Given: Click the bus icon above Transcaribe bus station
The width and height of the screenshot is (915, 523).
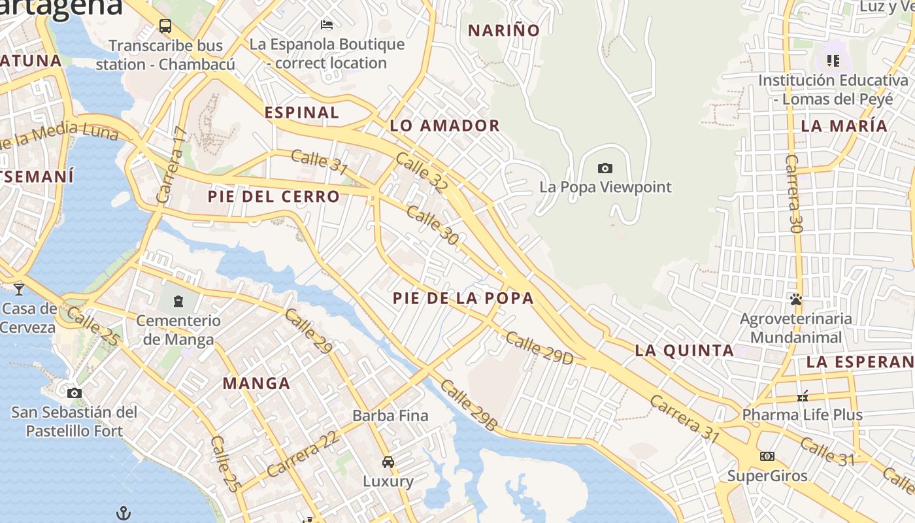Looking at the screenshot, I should (165, 26).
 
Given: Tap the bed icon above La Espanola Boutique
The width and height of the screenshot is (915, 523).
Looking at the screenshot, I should (327, 25).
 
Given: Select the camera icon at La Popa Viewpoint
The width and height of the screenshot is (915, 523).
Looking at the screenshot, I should (605, 168).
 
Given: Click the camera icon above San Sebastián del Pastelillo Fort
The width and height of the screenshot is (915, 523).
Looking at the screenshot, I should (75, 393).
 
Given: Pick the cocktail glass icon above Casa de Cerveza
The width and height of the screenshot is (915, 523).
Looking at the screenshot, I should (18, 289).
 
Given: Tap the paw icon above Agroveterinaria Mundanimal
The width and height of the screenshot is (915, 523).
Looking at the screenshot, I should (795, 299).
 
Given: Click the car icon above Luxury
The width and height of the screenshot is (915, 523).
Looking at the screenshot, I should (388, 462).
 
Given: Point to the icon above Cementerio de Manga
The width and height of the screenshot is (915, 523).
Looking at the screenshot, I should (178, 301).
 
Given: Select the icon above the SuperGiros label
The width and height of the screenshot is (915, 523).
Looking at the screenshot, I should (767, 456).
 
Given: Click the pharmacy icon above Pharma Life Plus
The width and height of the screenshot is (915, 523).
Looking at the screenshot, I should (803, 396).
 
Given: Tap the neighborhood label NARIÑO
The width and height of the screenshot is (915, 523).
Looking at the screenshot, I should (504, 30).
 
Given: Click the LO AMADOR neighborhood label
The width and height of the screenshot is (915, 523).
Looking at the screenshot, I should (444, 126).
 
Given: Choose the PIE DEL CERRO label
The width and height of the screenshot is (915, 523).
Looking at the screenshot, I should (274, 196).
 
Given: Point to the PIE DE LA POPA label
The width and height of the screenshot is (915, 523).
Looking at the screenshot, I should (463, 298).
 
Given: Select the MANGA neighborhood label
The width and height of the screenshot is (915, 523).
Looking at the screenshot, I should (256, 383).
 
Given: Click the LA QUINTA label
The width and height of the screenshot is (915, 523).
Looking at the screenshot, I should (684, 350).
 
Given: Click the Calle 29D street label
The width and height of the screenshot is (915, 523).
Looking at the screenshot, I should (539, 348).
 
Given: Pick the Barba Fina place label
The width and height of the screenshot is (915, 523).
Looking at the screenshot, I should (390, 415).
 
